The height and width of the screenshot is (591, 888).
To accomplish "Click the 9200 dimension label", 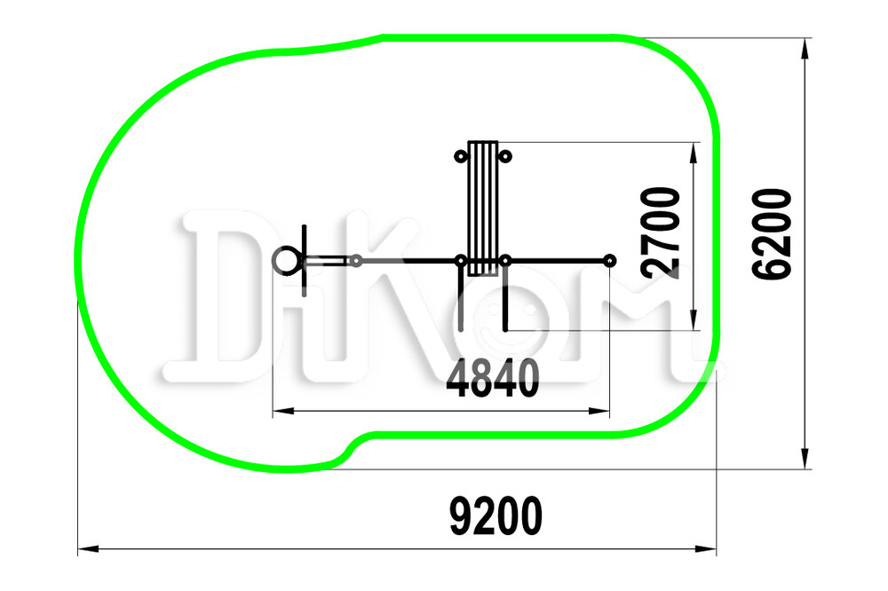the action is click(x=496, y=516).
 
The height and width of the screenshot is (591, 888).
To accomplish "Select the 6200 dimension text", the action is click(x=772, y=233).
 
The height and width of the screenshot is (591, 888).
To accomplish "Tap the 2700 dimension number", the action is click(x=661, y=232).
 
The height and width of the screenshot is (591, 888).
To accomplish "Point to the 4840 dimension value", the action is click(x=493, y=378).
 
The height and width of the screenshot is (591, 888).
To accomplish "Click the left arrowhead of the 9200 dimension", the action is click(x=88, y=548).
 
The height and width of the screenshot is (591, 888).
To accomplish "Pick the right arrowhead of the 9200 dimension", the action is click(x=706, y=548).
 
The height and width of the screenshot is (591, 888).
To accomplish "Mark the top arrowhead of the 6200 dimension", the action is click(x=805, y=49).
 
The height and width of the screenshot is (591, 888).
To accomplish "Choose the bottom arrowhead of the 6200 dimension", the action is click(x=805, y=458).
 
